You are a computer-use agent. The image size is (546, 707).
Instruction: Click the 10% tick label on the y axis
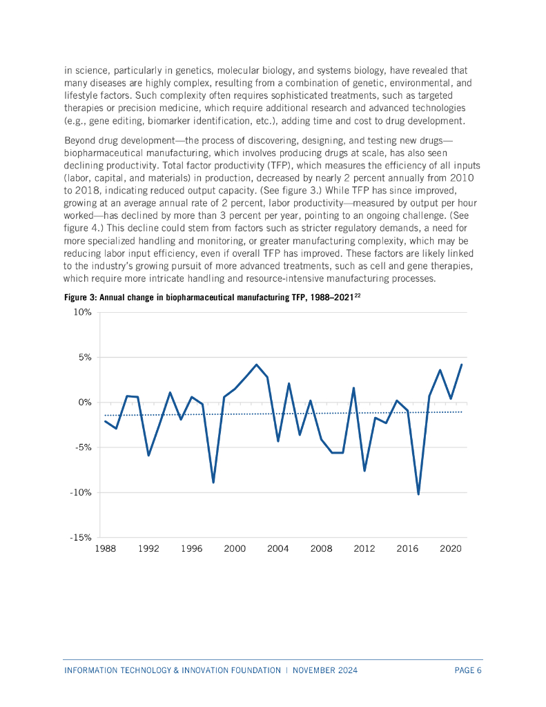(83, 312)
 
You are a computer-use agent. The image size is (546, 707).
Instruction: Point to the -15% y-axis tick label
(81, 537)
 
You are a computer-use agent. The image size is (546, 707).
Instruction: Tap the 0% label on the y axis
(84, 402)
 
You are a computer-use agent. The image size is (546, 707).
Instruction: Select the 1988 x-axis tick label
(105, 548)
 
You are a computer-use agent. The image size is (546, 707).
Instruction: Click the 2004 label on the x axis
(277, 548)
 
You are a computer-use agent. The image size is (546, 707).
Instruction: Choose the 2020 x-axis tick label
(451, 548)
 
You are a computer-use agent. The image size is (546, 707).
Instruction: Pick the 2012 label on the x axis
(364, 548)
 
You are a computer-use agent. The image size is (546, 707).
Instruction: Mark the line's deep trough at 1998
(213, 482)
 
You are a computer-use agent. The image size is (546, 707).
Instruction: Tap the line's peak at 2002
(257, 365)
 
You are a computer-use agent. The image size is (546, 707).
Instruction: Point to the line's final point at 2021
(461, 365)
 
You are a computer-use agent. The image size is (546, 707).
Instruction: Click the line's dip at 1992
(148, 455)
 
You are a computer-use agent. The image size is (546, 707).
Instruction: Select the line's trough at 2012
(364, 470)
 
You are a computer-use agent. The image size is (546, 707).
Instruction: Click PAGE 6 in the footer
(468, 670)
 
